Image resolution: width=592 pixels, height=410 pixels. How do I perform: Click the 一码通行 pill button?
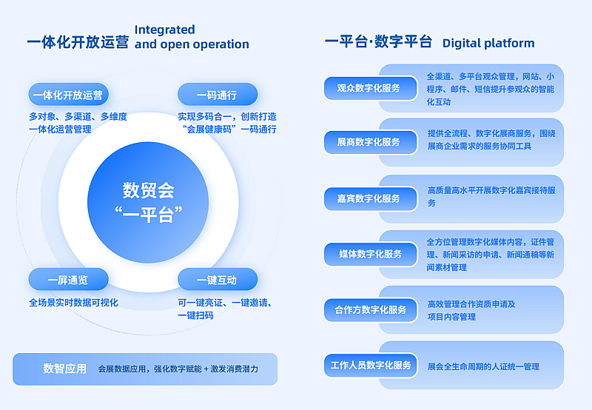click(218, 95)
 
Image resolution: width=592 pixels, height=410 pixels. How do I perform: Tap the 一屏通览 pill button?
click(68, 279)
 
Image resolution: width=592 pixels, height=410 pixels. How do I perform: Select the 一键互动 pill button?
click(218, 279)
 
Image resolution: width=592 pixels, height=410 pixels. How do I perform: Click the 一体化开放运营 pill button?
click(68, 95)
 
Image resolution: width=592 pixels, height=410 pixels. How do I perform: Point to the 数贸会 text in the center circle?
click(148, 190)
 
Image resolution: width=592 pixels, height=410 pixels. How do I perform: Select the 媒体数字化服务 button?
click(371, 254)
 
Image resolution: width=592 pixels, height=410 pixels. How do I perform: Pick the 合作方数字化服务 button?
click(371, 310)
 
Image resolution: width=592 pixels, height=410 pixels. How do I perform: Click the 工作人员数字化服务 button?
click(371, 366)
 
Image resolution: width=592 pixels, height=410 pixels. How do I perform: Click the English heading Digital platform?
click(488, 44)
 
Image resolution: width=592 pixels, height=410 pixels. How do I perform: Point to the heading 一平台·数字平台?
click(378, 41)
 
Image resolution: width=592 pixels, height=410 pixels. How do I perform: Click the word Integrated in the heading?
click(164, 30)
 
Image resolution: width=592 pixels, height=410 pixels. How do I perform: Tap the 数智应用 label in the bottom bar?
click(64, 369)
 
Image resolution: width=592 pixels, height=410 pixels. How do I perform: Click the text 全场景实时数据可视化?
click(73, 303)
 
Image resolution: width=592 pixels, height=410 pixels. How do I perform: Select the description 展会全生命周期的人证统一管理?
click(483, 366)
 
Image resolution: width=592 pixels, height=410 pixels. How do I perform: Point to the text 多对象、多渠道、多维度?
click(78, 117)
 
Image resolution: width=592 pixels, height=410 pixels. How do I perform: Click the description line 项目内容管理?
click(451, 317)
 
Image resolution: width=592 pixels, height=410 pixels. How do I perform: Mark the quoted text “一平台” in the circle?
click(149, 215)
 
